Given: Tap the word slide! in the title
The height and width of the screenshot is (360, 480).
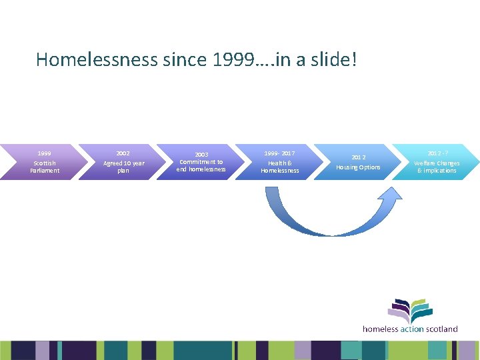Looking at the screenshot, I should (333, 60).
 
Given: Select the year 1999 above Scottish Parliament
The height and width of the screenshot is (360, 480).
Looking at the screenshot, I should (45, 153).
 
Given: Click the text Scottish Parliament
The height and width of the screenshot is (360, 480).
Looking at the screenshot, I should (45, 167).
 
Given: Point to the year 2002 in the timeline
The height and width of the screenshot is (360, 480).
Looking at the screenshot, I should (123, 153).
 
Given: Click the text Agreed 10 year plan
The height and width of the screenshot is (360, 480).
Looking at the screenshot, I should (123, 167).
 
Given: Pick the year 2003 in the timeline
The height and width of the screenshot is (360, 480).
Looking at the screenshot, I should (201, 154).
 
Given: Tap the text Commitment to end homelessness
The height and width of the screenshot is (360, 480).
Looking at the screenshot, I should (201, 165).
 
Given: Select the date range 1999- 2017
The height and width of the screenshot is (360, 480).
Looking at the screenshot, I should (280, 153).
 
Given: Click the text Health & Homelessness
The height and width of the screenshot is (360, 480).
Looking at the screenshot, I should (280, 167).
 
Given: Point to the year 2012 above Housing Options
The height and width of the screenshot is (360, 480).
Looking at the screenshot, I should (359, 157).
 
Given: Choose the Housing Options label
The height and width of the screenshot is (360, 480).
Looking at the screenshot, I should (359, 167).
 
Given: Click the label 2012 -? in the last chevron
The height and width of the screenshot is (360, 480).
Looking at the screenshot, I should (437, 153).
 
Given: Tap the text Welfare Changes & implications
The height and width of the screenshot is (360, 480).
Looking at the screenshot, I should (437, 167).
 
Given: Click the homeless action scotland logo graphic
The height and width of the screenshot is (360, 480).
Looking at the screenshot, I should (410, 311).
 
